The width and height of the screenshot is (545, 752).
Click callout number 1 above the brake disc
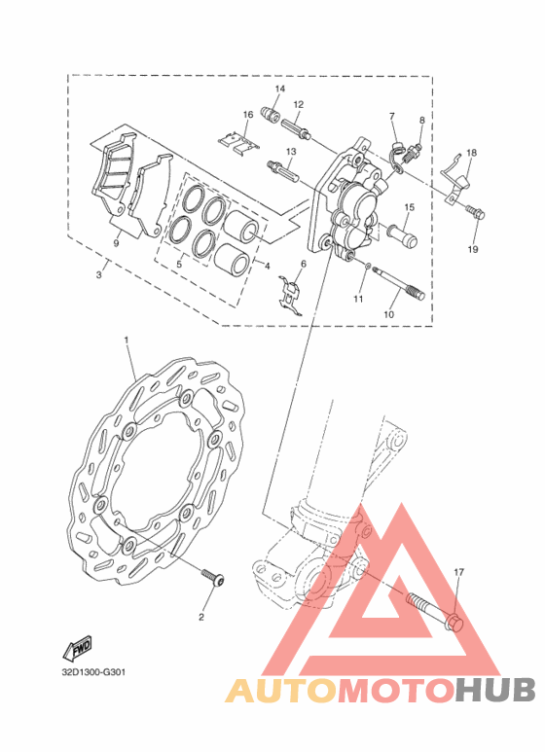(x=127, y=340)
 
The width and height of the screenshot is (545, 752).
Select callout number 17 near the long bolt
(x=459, y=572)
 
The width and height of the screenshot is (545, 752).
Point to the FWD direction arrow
(x=77, y=649)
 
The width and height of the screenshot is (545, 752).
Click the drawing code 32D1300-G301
(x=93, y=672)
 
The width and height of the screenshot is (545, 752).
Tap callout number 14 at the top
(x=280, y=89)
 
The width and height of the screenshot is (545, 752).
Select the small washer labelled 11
(x=366, y=266)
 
